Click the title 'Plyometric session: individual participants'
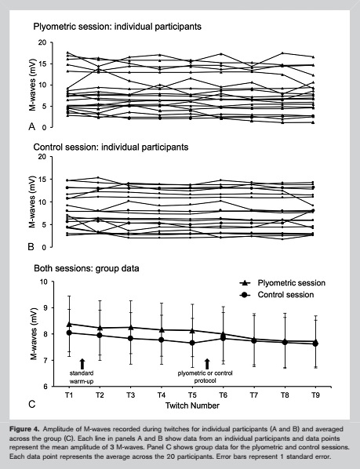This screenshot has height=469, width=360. pyautogui.click(x=117, y=27)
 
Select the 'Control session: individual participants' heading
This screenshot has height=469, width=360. pyautogui.click(x=111, y=147)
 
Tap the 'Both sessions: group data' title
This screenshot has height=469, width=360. pyautogui.click(x=86, y=268)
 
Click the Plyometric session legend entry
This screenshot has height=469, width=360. pyautogui.click(x=282, y=283)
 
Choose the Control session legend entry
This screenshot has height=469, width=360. pyautogui.click(x=277, y=295)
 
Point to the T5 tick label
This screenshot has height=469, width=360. pyautogui.click(x=192, y=395)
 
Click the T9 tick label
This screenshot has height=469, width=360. pyautogui.click(x=315, y=395)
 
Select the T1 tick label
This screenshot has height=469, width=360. pyautogui.click(x=69, y=395)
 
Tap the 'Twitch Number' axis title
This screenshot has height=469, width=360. pyautogui.click(x=192, y=405)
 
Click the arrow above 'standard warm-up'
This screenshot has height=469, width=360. pyautogui.click(x=82, y=364)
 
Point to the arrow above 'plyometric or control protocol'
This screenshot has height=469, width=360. pyautogui.click(x=207, y=364)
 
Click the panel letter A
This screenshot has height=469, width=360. pyautogui.click(x=31, y=126)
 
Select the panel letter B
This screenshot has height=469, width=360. pyautogui.click(x=31, y=247)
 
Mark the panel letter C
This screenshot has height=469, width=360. pyautogui.click(x=31, y=405)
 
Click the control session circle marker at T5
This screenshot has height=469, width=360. pyautogui.click(x=192, y=343)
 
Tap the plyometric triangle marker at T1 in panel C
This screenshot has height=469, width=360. pyautogui.click(x=69, y=324)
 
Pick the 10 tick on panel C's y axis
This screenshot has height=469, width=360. pyautogui.click(x=43, y=282)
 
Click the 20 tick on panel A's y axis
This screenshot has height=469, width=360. pyautogui.click(x=43, y=42)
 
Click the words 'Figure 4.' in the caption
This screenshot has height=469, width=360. pyautogui.click(x=24, y=429)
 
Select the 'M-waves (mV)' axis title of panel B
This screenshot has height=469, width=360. pyautogui.click(x=32, y=202)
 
